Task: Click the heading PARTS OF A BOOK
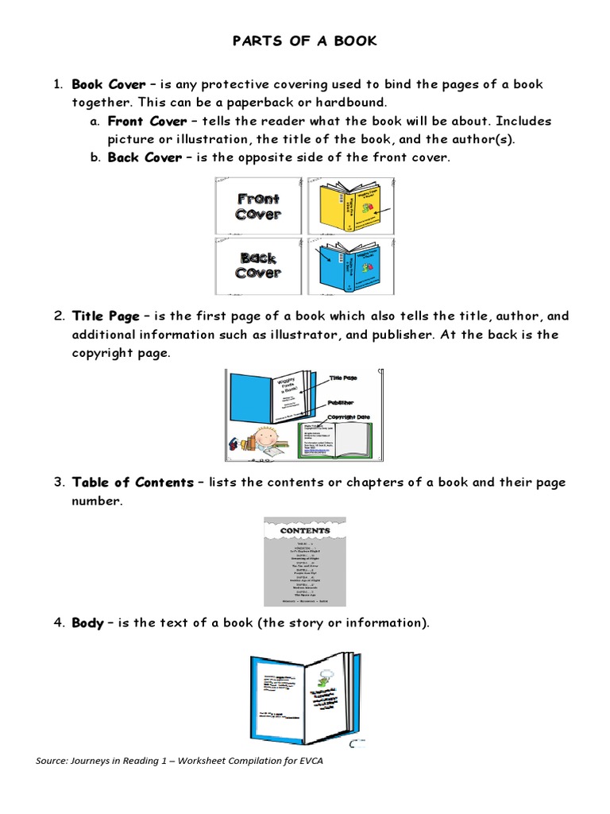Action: pos(304,41)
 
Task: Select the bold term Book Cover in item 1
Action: pos(109,84)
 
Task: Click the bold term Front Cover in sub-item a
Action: pos(147,121)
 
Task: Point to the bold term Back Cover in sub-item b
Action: pos(145,157)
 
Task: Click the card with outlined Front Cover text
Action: pos(258,207)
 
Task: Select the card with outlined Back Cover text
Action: pos(258,266)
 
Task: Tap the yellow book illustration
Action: pos(347,207)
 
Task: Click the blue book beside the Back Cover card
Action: pos(347,266)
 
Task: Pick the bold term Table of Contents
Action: pos(133,483)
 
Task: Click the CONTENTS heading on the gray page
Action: pos(305,530)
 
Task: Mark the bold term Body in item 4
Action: pos(87,623)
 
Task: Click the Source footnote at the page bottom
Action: pos(180,761)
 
